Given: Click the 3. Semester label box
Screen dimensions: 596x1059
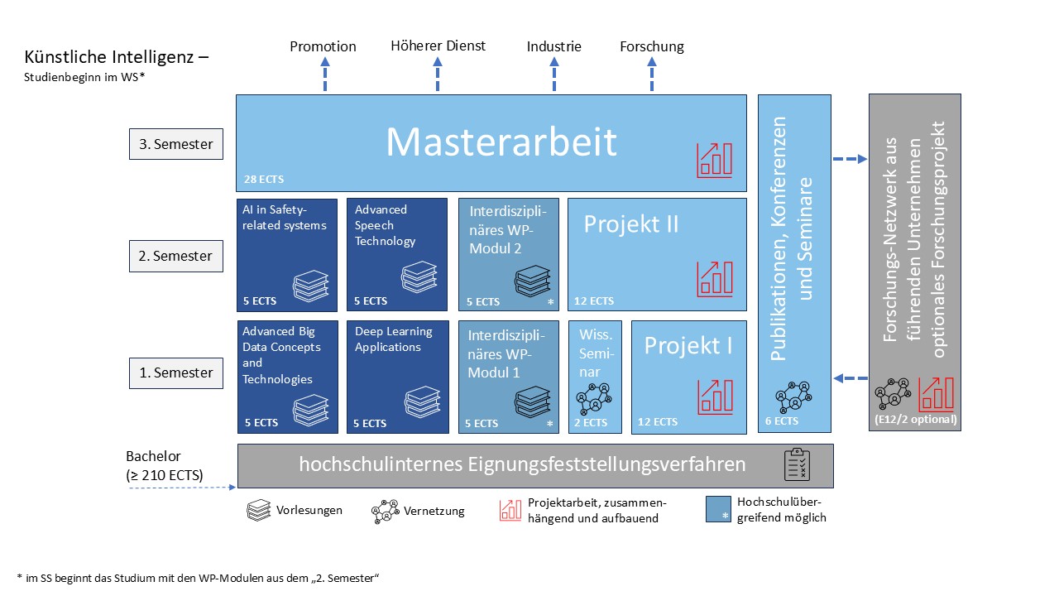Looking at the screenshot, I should pyautogui.click(x=176, y=144).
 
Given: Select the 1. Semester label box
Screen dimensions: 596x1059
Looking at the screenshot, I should pyautogui.click(x=176, y=372).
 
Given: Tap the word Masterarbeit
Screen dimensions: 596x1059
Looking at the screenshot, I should pyautogui.click(x=501, y=142).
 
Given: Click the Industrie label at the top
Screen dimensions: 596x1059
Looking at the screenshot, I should pyautogui.click(x=553, y=46).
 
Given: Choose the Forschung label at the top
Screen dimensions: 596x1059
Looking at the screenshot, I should pyautogui.click(x=652, y=46).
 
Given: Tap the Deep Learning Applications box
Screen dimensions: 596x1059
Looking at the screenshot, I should pyautogui.click(x=398, y=376).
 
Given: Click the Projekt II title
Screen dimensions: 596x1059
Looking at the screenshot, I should pyautogui.click(x=631, y=224).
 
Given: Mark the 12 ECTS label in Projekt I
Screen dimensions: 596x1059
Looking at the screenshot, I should pyautogui.click(x=658, y=422).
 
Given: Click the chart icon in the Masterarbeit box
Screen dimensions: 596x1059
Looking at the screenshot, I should pyautogui.click(x=713, y=160).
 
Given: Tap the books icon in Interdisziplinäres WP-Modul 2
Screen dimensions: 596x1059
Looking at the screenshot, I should pyautogui.click(x=529, y=281).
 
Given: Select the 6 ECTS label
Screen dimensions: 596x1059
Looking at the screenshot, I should pyautogui.click(x=781, y=421).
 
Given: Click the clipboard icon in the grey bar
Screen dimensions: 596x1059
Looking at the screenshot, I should pyautogui.click(x=797, y=465).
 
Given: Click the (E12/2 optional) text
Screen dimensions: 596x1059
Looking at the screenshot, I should pyautogui.click(x=914, y=420).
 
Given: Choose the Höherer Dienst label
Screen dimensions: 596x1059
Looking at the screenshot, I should pyautogui.click(x=438, y=46).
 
